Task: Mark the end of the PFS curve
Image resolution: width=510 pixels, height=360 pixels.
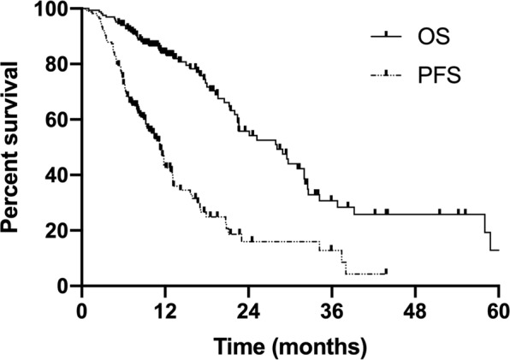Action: (x=387, y=271)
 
